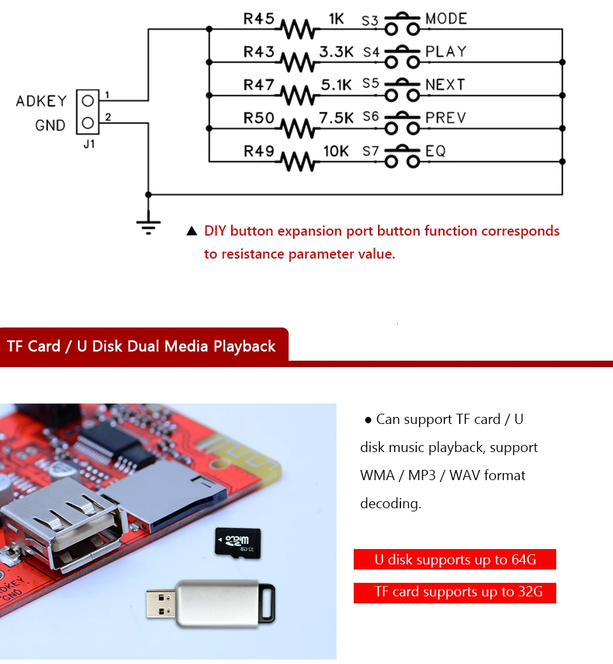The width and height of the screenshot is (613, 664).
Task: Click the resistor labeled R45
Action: (298, 29)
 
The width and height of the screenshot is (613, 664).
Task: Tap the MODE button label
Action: (446, 19)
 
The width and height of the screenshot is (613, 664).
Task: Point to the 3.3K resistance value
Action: (337, 52)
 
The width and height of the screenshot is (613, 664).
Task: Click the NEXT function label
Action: (445, 84)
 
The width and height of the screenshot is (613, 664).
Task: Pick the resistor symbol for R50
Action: (298, 128)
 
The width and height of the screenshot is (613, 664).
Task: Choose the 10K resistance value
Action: (336, 151)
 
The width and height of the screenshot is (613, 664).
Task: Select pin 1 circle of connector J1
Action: (88, 100)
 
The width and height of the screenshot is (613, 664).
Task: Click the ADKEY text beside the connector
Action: (41, 101)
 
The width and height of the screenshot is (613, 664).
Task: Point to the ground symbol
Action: (148, 225)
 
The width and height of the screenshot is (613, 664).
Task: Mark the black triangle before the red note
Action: (192, 232)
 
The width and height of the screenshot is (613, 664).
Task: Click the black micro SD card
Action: (236, 541)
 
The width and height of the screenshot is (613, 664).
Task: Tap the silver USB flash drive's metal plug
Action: (160, 605)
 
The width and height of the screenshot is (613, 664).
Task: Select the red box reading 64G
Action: (455, 560)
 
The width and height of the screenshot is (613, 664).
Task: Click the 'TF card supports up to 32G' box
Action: (455, 592)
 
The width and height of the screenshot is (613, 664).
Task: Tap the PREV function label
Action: (446, 117)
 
